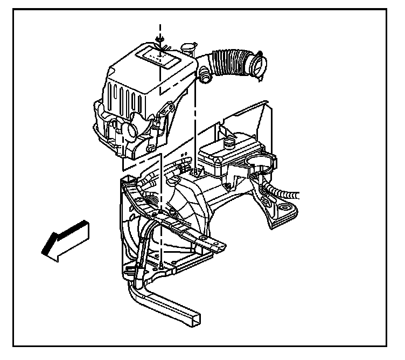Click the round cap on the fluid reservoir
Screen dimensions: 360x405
point(230,144)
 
